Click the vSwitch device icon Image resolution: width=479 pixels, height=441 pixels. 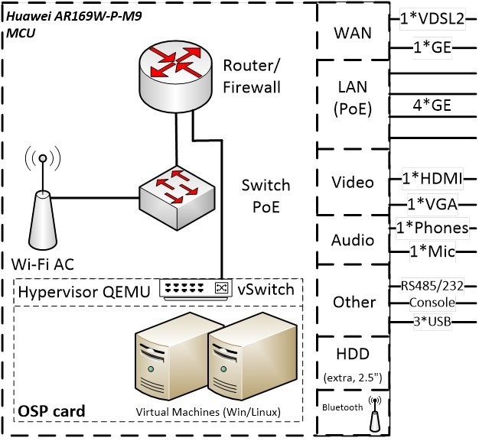[x=194, y=287]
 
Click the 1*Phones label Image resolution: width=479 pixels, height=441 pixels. [x=432, y=228]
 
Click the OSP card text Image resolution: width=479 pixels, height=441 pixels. [x=51, y=412]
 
